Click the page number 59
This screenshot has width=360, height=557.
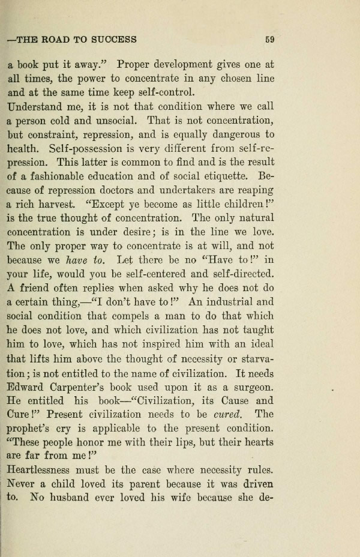[269, 40]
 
